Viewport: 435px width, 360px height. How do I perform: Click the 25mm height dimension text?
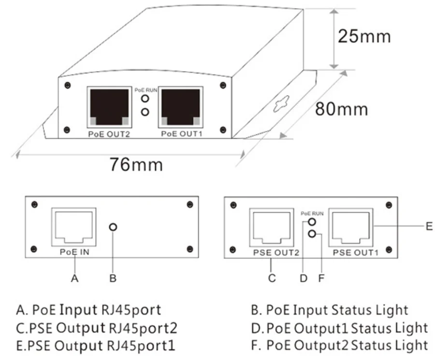tap(364, 36)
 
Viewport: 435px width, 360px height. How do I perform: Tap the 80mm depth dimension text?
tap(341, 109)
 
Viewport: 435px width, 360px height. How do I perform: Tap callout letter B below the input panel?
tap(113, 278)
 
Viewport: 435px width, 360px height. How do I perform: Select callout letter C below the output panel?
tap(272, 278)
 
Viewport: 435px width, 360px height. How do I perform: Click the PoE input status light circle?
tap(113, 227)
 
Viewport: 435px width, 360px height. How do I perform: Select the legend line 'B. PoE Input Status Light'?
tap(337, 310)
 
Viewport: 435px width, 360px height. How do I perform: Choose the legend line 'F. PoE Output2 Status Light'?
tap(347, 346)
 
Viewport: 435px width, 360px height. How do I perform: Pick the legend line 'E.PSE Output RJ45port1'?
tap(95, 346)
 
